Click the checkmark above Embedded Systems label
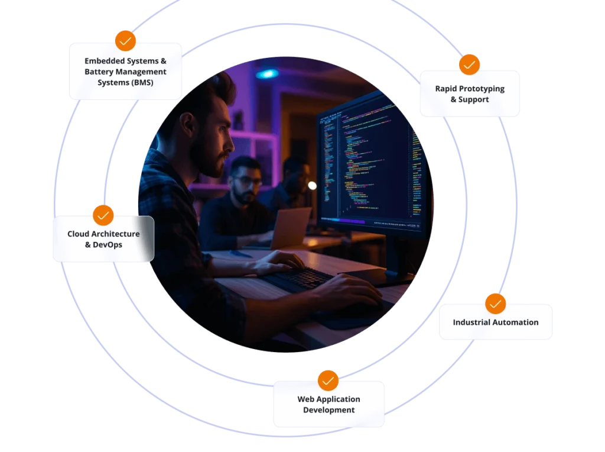[125, 40]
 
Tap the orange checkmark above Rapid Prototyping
[470, 64]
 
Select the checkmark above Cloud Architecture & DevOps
[103, 215]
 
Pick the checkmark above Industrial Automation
[495, 304]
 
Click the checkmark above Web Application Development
[328, 380]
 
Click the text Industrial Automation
[495, 322]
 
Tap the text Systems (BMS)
[125, 82]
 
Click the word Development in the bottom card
[328, 410]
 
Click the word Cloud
[78, 234]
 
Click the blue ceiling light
[267, 74]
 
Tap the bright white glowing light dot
[312, 186]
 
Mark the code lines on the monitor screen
[366, 160]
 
